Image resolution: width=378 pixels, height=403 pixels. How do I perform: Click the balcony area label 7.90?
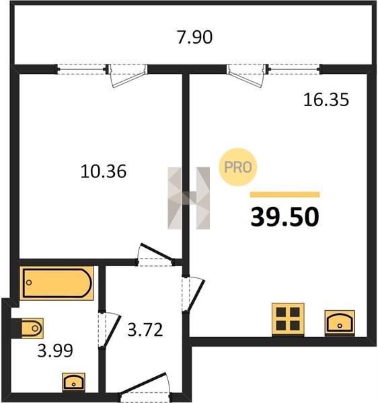point(195,37)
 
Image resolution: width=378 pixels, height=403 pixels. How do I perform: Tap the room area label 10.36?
point(104,171)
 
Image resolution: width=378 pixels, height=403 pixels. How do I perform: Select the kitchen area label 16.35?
point(326,99)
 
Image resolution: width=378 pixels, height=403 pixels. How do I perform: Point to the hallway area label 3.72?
point(145,330)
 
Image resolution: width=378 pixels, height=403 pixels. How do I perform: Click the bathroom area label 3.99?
point(55,351)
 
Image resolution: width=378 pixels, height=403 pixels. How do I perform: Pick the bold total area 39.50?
point(285,217)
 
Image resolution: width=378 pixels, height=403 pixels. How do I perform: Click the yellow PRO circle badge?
point(238,167)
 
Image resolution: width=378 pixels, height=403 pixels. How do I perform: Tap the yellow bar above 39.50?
point(285,195)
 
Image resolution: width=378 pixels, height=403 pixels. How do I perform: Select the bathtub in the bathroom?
point(56,283)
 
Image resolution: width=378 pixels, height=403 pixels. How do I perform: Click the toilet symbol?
point(29,328)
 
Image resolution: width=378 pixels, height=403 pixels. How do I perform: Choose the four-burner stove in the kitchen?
point(288,320)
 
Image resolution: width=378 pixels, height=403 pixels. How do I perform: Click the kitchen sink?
point(340,323)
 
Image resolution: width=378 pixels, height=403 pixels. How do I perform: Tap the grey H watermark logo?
point(188,198)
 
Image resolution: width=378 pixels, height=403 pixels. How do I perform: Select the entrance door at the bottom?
point(145,388)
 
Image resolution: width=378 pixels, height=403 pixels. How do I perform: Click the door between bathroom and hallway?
point(110,330)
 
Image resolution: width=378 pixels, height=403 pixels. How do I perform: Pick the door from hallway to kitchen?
point(193,294)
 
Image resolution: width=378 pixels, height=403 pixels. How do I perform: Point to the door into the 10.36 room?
point(155,254)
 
